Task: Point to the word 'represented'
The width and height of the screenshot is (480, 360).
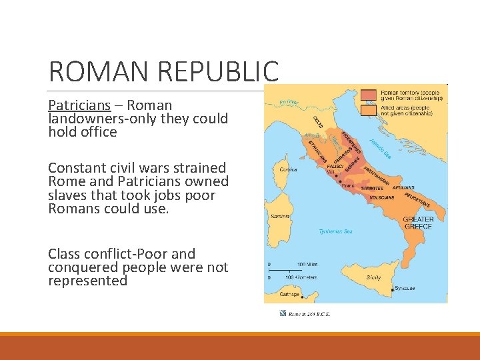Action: [x=87, y=281]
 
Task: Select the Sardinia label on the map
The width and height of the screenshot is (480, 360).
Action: [x=279, y=217]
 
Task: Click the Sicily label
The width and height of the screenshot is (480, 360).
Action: [x=374, y=277]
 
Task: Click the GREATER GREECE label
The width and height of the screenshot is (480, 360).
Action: [x=419, y=223]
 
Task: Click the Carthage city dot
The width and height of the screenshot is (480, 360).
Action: [x=302, y=297]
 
